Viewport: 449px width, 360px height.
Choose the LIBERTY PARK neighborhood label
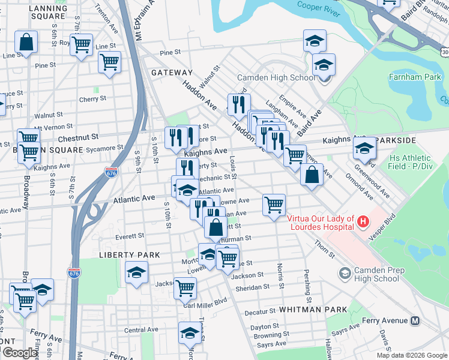point(129,255)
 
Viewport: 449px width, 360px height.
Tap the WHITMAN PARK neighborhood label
point(313,309)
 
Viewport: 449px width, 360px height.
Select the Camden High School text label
point(276,77)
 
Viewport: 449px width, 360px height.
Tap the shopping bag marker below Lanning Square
point(26,43)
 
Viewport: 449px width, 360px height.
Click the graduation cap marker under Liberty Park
point(137,272)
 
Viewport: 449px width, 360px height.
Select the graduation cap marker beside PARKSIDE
point(364,148)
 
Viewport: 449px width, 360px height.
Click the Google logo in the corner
point(20,353)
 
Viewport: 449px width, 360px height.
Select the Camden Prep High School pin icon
point(345,274)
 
